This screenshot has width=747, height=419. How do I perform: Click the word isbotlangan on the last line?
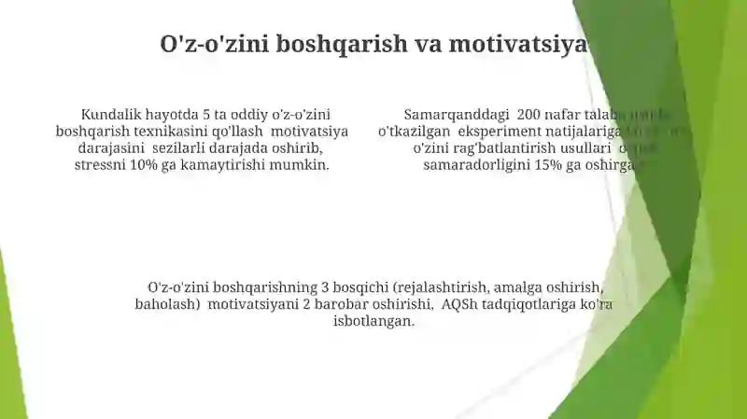373,321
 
